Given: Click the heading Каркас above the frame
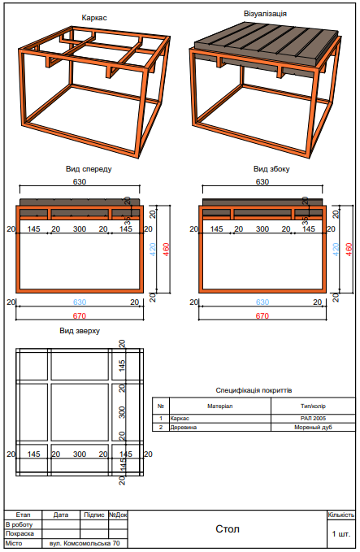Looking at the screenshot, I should [95, 17].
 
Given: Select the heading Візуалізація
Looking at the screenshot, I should [264, 14].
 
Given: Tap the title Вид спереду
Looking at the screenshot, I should [89, 169].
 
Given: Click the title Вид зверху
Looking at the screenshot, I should [80, 331].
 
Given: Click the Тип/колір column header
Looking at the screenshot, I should [312, 405].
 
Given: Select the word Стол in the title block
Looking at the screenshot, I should [227, 529].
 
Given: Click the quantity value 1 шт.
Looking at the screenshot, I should [341, 534].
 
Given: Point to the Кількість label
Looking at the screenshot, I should [341, 515].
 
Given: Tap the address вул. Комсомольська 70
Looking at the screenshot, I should [84, 543].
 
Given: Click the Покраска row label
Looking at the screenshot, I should [20, 533].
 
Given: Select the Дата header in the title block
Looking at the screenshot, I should [61, 515].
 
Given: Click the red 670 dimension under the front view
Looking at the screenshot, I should [80, 315].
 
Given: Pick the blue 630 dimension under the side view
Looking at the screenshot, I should [262, 302].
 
